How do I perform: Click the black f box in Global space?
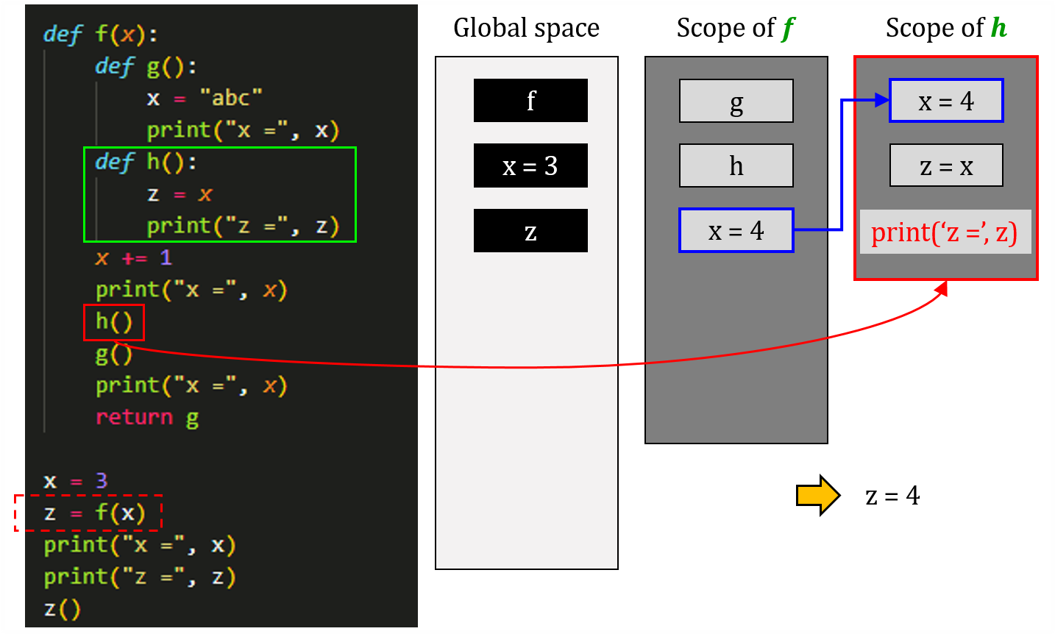click(530, 100)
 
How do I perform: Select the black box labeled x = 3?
click(530, 165)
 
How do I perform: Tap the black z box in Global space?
click(530, 231)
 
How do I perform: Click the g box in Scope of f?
click(736, 101)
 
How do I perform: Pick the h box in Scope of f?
click(736, 165)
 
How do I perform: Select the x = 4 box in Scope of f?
click(736, 230)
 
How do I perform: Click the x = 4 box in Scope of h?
click(946, 101)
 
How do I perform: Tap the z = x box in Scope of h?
click(946, 165)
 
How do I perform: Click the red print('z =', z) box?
click(945, 232)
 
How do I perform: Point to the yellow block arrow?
click(817, 495)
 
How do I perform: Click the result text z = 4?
click(892, 496)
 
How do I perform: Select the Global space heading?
click(526, 28)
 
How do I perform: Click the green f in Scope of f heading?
click(788, 29)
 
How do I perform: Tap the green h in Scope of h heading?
click(998, 28)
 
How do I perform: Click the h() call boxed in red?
click(114, 322)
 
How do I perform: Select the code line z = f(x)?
click(94, 513)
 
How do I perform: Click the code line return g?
click(147, 418)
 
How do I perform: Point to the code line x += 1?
click(133, 258)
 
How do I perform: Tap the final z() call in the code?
click(62, 609)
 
